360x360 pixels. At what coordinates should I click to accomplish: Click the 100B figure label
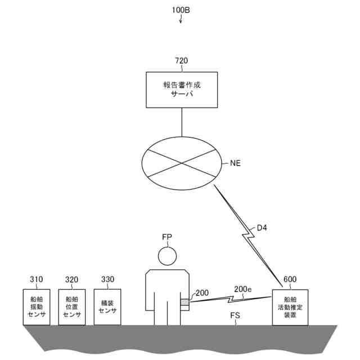point(181,10)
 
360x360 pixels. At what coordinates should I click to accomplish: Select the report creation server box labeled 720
point(182,89)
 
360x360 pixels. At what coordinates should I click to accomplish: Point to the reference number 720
point(182,61)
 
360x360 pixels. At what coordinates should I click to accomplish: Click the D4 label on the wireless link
point(263,228)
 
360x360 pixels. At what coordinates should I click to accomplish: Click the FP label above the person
point(167,237)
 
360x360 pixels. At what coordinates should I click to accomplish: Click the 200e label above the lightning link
point(242,289)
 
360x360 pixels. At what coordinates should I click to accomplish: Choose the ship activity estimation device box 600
point(290,307)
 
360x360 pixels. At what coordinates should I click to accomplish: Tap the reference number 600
point(290,280)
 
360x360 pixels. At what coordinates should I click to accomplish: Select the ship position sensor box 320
point(71,307)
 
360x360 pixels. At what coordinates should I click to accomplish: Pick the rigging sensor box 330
point(107,307)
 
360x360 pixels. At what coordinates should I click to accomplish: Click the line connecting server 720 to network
point(182,119)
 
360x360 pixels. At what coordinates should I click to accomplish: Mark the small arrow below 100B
point(181,21)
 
